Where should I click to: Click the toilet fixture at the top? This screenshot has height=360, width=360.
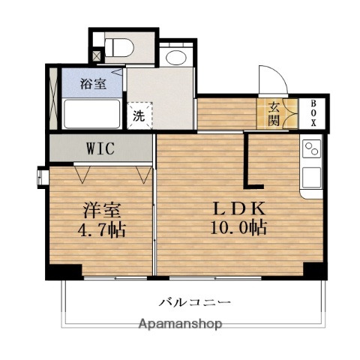pyautogui.click(x=118, y=47)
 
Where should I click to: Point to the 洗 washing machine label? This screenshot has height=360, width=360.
pyautogui.click(x=139, y=115)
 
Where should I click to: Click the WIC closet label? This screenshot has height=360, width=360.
pyautogui.click(x=100, y=148)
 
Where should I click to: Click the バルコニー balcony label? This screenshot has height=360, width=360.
pyautogui.click(x=195, y=303)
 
